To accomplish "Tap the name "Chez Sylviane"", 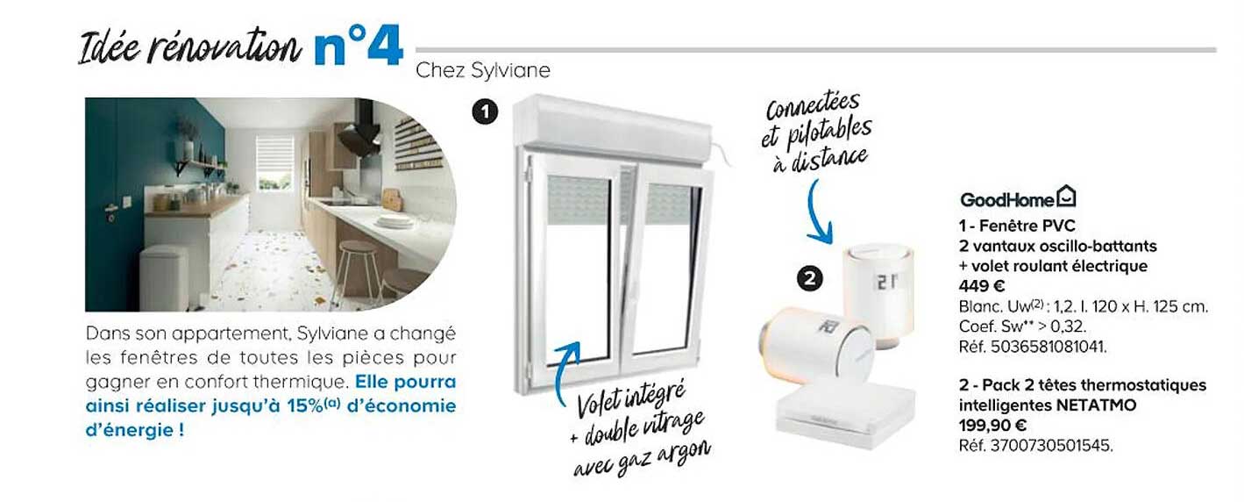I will tap(483, 70).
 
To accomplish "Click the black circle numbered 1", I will tap(484, 111).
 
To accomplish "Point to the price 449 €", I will tap(981, 286).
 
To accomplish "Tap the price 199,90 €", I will tap(991, 426).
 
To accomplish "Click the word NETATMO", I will tap(1096, 405).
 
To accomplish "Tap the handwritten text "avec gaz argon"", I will tap(642, 454).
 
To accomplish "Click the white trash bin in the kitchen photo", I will tap(165, 277).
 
